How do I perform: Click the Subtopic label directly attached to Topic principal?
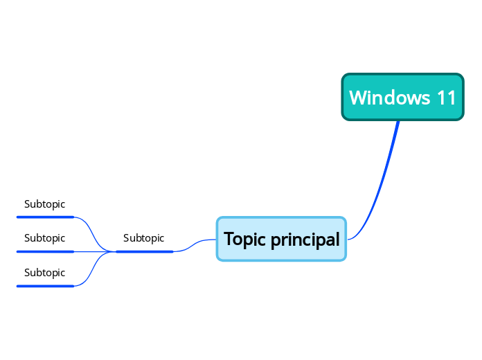pos(143,238)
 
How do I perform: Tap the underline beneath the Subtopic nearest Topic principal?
pos(144,251)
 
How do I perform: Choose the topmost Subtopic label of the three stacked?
pos(44,204)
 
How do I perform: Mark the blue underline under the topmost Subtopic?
pos(45,217)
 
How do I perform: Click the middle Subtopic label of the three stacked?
pos(44,238)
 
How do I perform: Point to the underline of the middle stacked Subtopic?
pos(45,251)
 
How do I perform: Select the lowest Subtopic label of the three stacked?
pos(44,273)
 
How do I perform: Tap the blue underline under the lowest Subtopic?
pos(45,285)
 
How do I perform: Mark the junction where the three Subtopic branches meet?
pos(114,251)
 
